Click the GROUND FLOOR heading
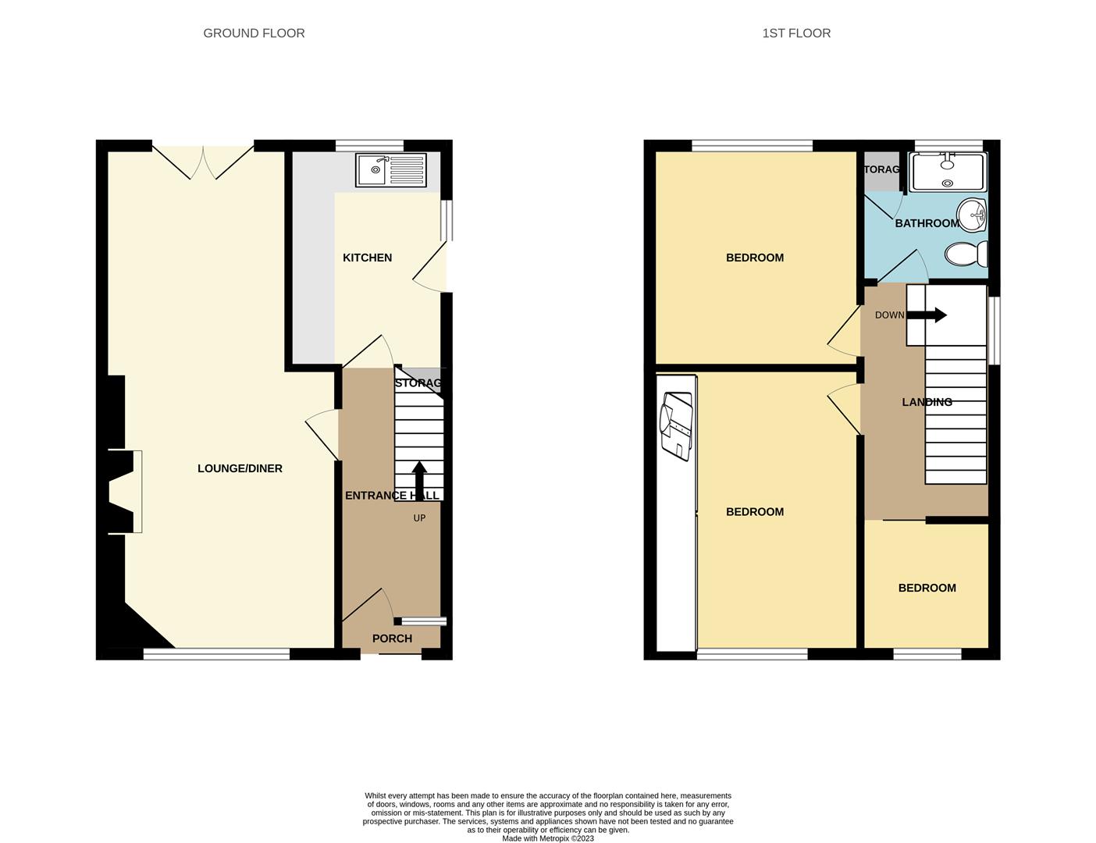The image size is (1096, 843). click(254, 33)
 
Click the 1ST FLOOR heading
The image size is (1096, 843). click(796, 33)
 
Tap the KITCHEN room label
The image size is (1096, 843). click(367, 258)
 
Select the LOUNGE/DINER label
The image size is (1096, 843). click(240, 468)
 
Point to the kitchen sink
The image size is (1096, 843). click(390, 170)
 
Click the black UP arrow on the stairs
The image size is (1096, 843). click(419, 476)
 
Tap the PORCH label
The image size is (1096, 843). click(392, 638)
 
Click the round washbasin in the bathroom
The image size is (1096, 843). click(973, 215)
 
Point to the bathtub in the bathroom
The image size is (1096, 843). click(948, 172)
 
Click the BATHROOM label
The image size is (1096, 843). click(927, 223)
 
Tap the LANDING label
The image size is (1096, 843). click(927, 402)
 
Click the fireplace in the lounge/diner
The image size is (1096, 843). click(125, 492)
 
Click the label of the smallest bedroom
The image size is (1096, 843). click(927, 588)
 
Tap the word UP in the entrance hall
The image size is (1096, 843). click(419, 518)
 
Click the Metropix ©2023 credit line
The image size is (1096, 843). click(547, 838)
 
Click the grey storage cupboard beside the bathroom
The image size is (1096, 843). click(881, 172)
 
